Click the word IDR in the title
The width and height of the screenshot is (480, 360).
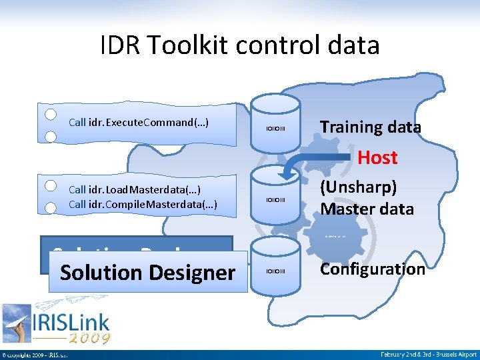point(120,45)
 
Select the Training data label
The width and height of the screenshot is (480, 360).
point(370,127)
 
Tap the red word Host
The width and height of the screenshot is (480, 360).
point(377,158)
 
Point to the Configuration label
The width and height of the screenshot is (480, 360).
point(372,269)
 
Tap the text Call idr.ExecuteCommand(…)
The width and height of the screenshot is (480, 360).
point(139,123)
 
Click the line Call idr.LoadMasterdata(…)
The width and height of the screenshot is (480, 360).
point(134,189)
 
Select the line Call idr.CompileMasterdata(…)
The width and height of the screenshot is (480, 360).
point(143,203)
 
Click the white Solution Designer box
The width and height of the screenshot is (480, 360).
point(147,273)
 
